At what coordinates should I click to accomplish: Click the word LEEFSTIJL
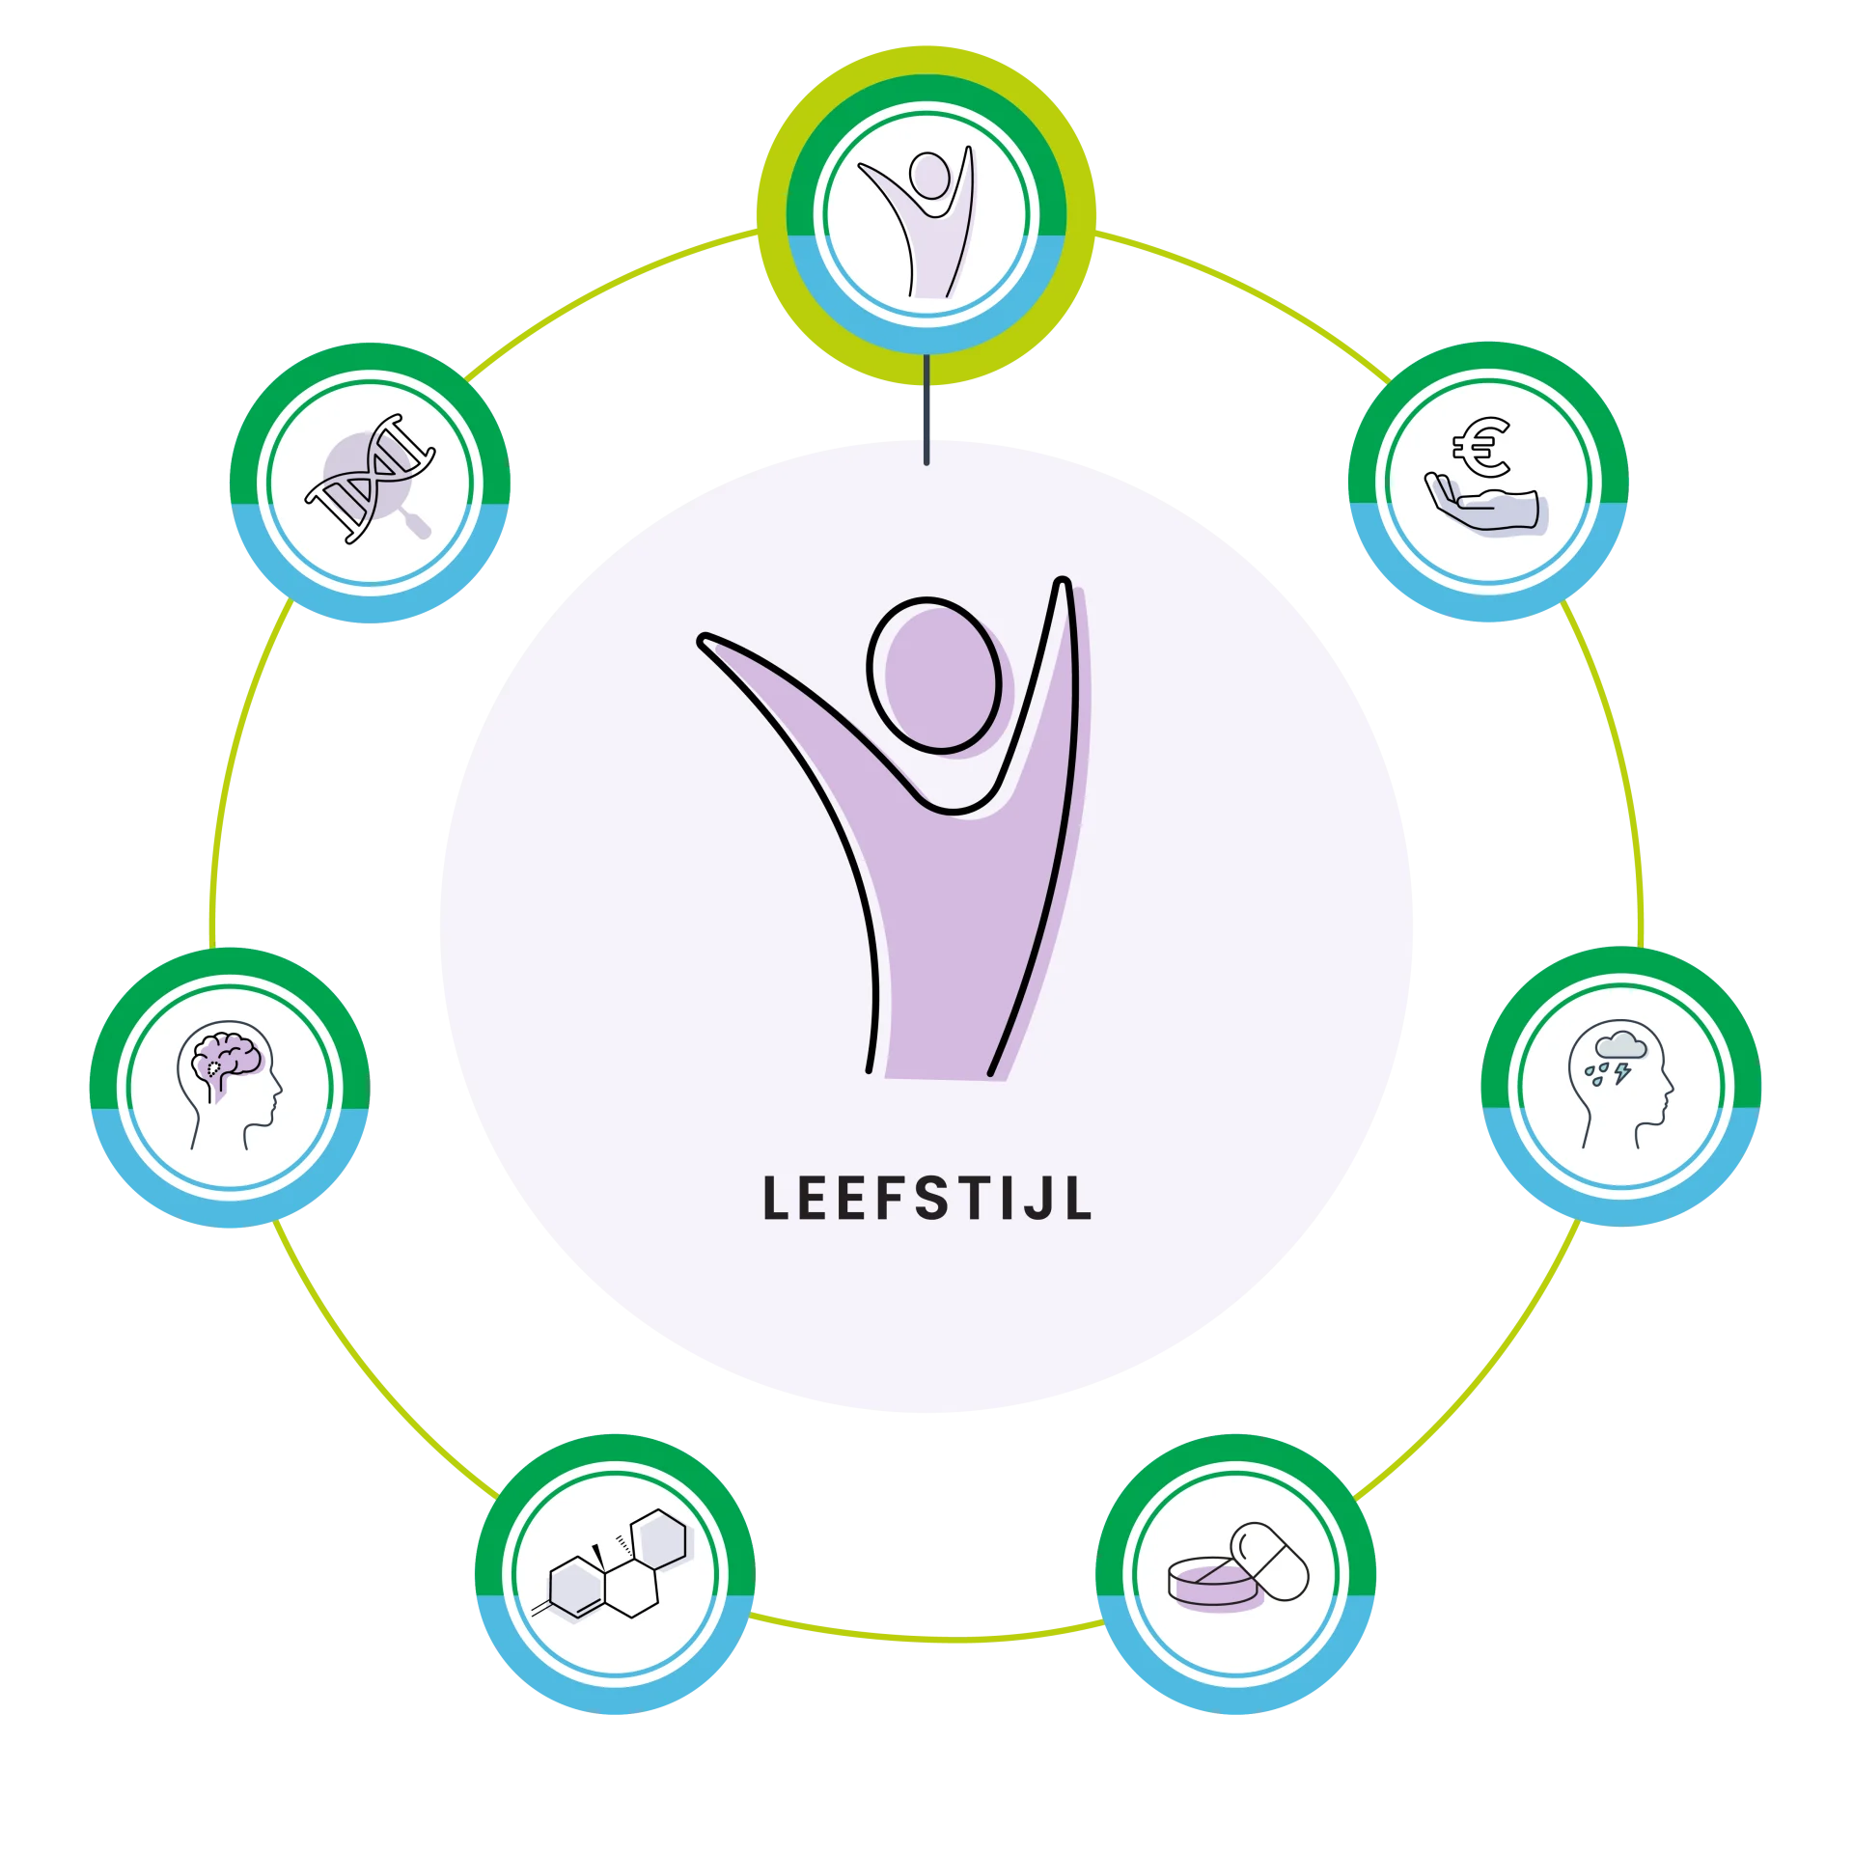pyautogui.click(x=926, y=1198)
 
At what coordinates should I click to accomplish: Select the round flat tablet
pyautogui.click(x=1212, y=1585)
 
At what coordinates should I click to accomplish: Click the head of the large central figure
pyautogui.click(x=934, y=675)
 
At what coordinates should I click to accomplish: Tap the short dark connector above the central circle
pyautogui.click(x=926, y=410)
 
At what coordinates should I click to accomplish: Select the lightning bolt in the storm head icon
pyautogui.click(x=1623, y=1072)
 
